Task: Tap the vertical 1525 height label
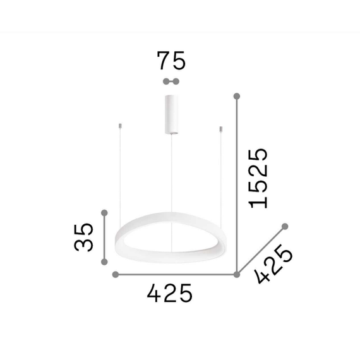[x=258, y=178]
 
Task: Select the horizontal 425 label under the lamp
[x=169, y=294]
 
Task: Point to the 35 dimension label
[x=83, y=237]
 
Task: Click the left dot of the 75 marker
[x=165, y=81]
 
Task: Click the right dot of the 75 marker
[x=177, y=81]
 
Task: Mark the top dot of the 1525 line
[x=237, y=96]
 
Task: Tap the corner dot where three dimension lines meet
[x=237, y=274]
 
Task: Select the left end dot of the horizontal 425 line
[x=116, y=274]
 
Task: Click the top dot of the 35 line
[x=105, y=212]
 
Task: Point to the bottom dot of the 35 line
[x=105, y=262]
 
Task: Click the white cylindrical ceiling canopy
[x=171, y=114]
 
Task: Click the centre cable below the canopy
[x=171, y=177]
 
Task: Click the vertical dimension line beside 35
[x=105, y=237]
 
